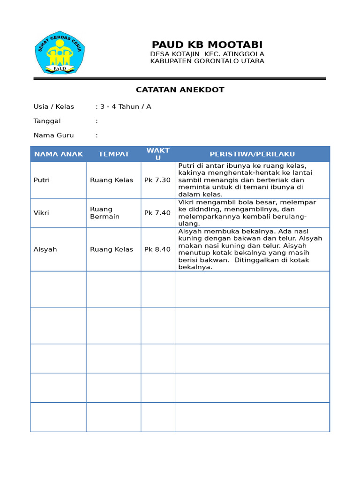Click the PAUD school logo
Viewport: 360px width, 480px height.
click(x=60, y=52)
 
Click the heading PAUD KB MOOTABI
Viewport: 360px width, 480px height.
click(x=207, y=45)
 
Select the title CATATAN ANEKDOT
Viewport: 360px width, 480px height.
click(x=180, y=90)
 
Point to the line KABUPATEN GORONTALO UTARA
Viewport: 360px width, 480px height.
click(x=207, y=61)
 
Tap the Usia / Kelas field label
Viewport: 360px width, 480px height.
click(x=54, y=106)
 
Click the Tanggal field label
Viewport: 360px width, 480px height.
click(x=47, y=121)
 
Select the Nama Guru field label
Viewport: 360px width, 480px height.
click(x=53, y=135)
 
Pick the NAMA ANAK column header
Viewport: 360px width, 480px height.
click(x=59, y=154)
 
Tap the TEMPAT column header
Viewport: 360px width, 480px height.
click(x=113, y=154)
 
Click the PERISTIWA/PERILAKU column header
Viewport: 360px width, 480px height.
click(x=252, y=154)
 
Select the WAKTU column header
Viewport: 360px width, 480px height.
click(x=158, y=154)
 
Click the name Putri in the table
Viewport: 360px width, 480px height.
click(x=42, y=180)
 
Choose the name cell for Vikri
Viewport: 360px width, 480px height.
click(x=41, y=213)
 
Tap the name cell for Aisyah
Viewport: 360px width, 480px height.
click(x=45, y=249)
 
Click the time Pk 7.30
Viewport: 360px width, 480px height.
click(x=157, y=180)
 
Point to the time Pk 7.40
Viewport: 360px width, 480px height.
click(x=157, y=213)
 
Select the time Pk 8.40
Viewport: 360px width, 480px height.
click(x=157, y=249)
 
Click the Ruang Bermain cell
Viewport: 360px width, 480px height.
click(x=105, y=213)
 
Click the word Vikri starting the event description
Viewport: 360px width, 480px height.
click(x=187, y=202)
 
